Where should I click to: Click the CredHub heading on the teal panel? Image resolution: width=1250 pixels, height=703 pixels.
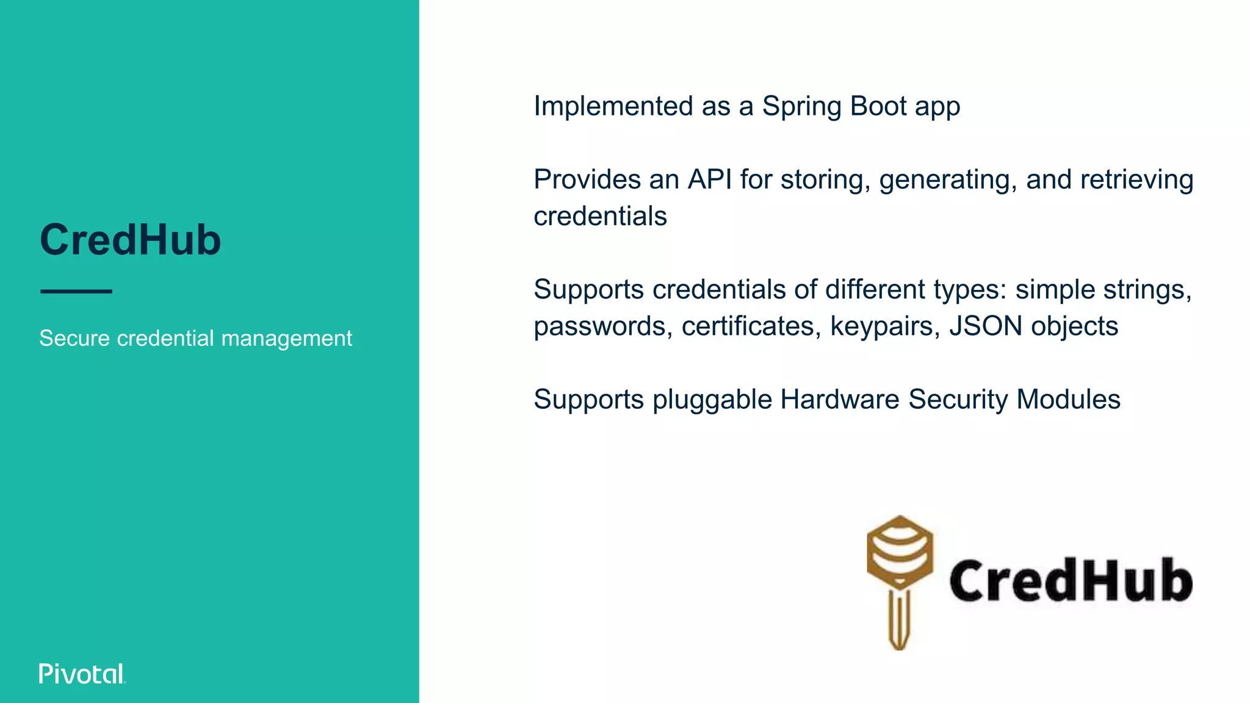click(x=130, y=240)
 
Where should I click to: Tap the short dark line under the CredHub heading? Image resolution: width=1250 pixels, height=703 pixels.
click(x=76, y=292)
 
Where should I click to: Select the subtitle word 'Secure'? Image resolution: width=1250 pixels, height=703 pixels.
click(x=74, y=338)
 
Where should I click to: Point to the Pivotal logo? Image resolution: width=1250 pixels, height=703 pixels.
click(x=82, y=674)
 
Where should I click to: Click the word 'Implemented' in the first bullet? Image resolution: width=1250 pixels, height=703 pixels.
click(x=613, y=106)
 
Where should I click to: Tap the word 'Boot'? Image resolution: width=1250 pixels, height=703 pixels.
click(x=878, y=106)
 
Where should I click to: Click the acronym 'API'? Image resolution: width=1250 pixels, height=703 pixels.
click(x=710, y=179)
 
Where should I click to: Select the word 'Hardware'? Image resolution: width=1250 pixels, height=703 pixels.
click(x=840, y=400)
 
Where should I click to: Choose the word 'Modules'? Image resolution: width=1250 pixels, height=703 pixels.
click(x=1069, y=400)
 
